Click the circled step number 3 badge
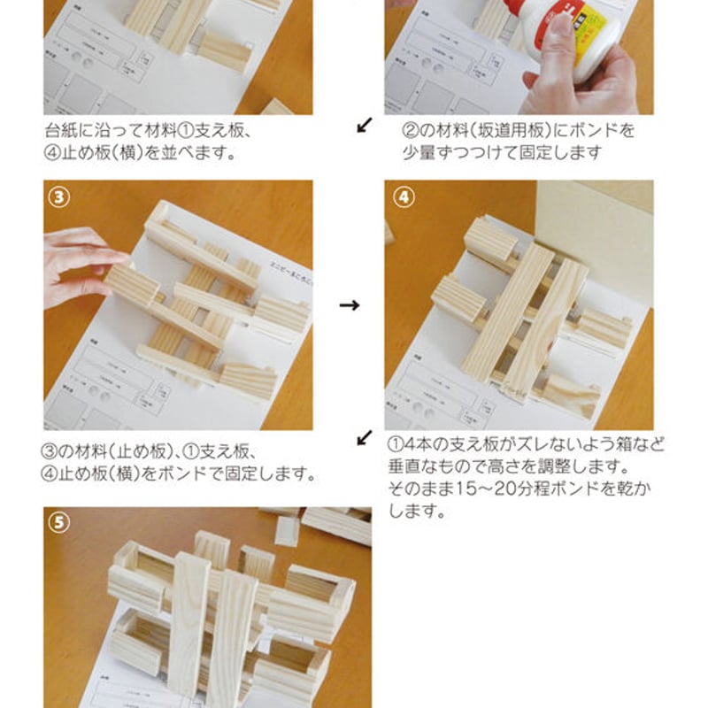pos(58,197)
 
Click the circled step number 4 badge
pos(401,197)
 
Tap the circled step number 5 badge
pos(58,523)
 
